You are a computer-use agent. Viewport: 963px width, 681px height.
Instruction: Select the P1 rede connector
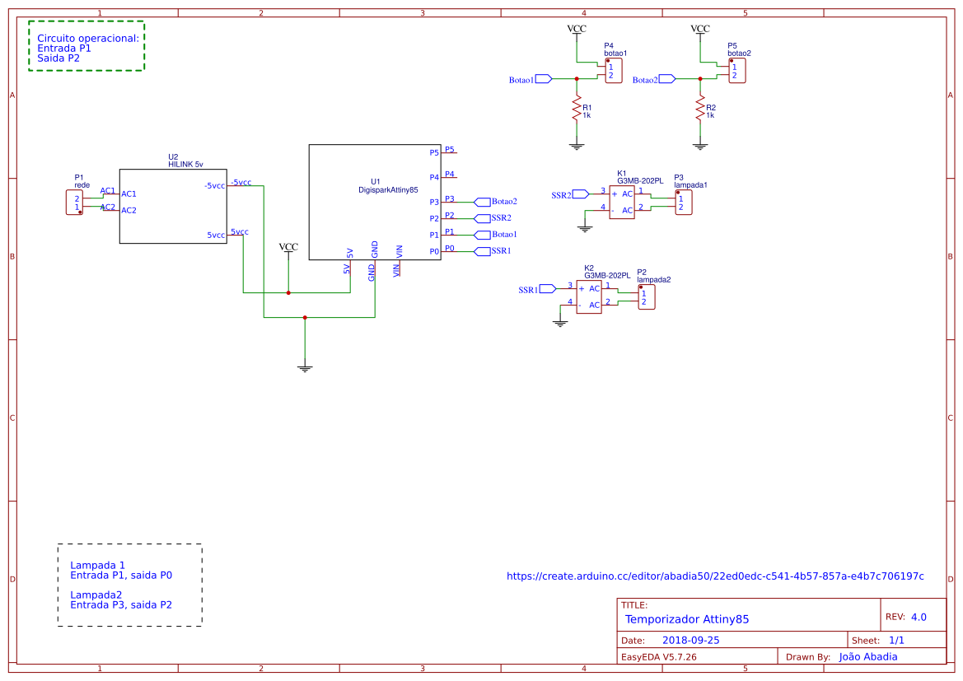coord(75,203)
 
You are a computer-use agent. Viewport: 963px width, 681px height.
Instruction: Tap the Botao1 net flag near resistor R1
coord(543,79)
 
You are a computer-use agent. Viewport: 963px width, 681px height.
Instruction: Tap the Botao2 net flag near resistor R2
coord(666,79)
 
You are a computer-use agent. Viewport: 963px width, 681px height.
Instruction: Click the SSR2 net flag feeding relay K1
coord(580,194)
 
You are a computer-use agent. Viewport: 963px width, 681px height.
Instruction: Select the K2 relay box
coord(589,296)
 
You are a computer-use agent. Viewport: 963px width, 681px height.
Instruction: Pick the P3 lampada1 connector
coord(683,203)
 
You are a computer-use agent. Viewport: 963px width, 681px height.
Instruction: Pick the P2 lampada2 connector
coord(647,297)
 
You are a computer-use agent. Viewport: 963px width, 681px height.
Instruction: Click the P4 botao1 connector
coord(613,71)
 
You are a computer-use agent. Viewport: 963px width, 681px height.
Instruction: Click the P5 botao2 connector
coord(737,71)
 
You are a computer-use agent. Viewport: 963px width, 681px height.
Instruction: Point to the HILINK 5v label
coord(185,165)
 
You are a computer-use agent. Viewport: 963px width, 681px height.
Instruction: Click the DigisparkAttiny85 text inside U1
coord(388,190)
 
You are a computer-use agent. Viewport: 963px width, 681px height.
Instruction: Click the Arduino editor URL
coord(715,576)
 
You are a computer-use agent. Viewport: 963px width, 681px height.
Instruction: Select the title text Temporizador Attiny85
coord(687,619)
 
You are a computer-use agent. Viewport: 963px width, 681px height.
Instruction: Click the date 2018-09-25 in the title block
coord(690,640)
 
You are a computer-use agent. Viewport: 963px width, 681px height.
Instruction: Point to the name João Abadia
coord(867,656)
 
